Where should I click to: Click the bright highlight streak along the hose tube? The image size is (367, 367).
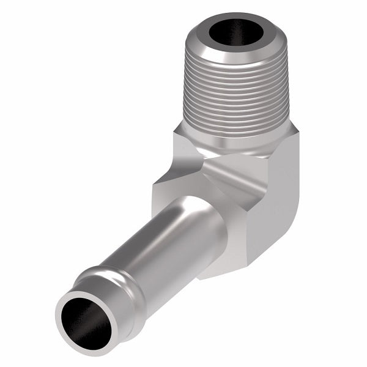[x=147, y=242]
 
